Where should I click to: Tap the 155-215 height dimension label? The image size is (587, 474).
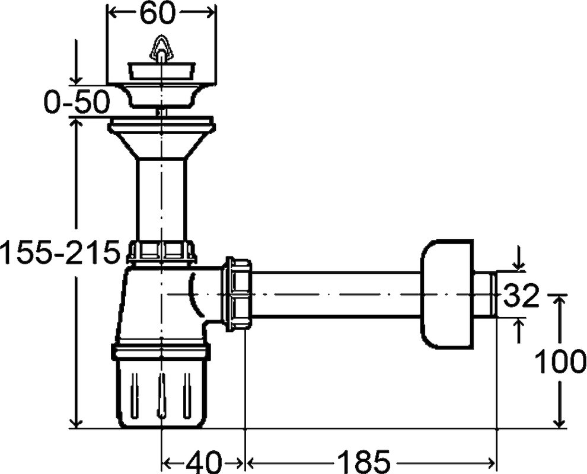coord(60,252)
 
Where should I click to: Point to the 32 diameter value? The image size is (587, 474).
coord(521,295)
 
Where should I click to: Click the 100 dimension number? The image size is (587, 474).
coord(559,361)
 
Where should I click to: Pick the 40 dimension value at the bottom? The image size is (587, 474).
coord(205,462)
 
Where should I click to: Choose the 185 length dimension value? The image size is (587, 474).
coord(363,462)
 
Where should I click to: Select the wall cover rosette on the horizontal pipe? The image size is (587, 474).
coord(448,295)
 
